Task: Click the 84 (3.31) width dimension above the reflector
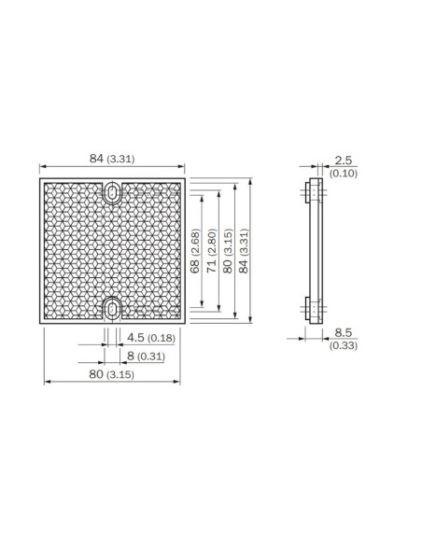coord(112,159)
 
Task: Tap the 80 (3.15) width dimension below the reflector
coord(111,374)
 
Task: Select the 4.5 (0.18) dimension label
coord(151,338)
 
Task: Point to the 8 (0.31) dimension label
coord(146,356)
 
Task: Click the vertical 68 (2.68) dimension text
coord(195,251)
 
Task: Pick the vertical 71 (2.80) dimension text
coord(212,251)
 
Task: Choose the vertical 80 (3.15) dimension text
coord(228,251)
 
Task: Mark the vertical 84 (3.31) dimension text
coord(244,251)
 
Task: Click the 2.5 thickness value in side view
coord(343,161)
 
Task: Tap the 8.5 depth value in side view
coord(343,332)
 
